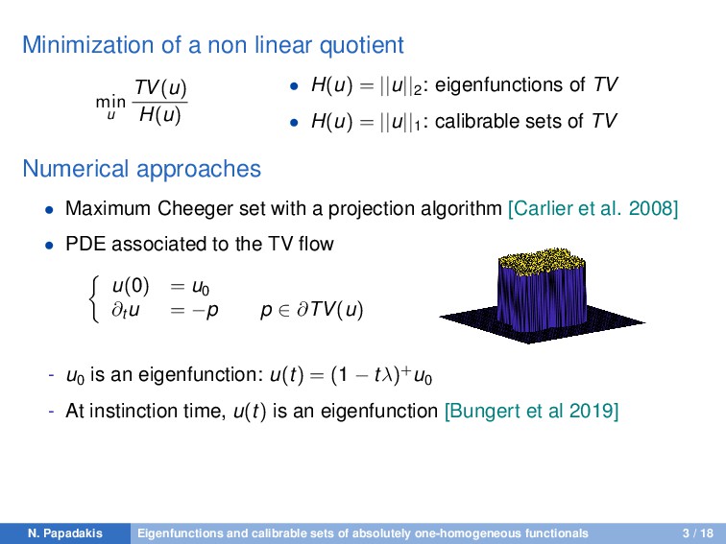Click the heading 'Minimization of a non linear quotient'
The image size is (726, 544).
[212, 45]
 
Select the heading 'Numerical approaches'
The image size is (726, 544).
[141, 170]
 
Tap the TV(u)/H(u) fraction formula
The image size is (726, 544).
[159, 103]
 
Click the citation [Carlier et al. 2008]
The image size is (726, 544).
[593, 209]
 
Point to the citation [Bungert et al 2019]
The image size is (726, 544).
[531, 412]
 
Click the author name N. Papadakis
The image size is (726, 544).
[64, 532]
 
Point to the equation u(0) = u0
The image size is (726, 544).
[157, 287]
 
